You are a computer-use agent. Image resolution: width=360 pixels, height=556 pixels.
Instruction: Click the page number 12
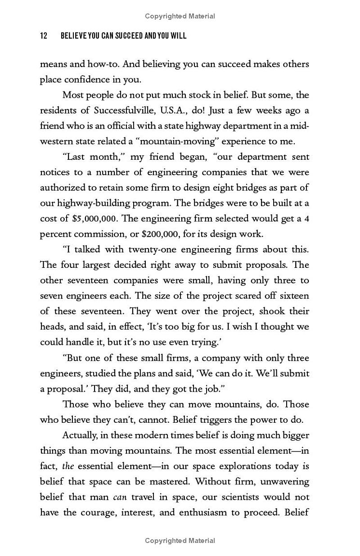44,36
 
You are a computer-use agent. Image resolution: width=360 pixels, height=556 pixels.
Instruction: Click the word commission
100,234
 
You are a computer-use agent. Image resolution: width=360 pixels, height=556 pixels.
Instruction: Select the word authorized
62,188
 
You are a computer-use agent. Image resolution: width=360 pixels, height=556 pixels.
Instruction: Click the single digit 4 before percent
306,219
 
